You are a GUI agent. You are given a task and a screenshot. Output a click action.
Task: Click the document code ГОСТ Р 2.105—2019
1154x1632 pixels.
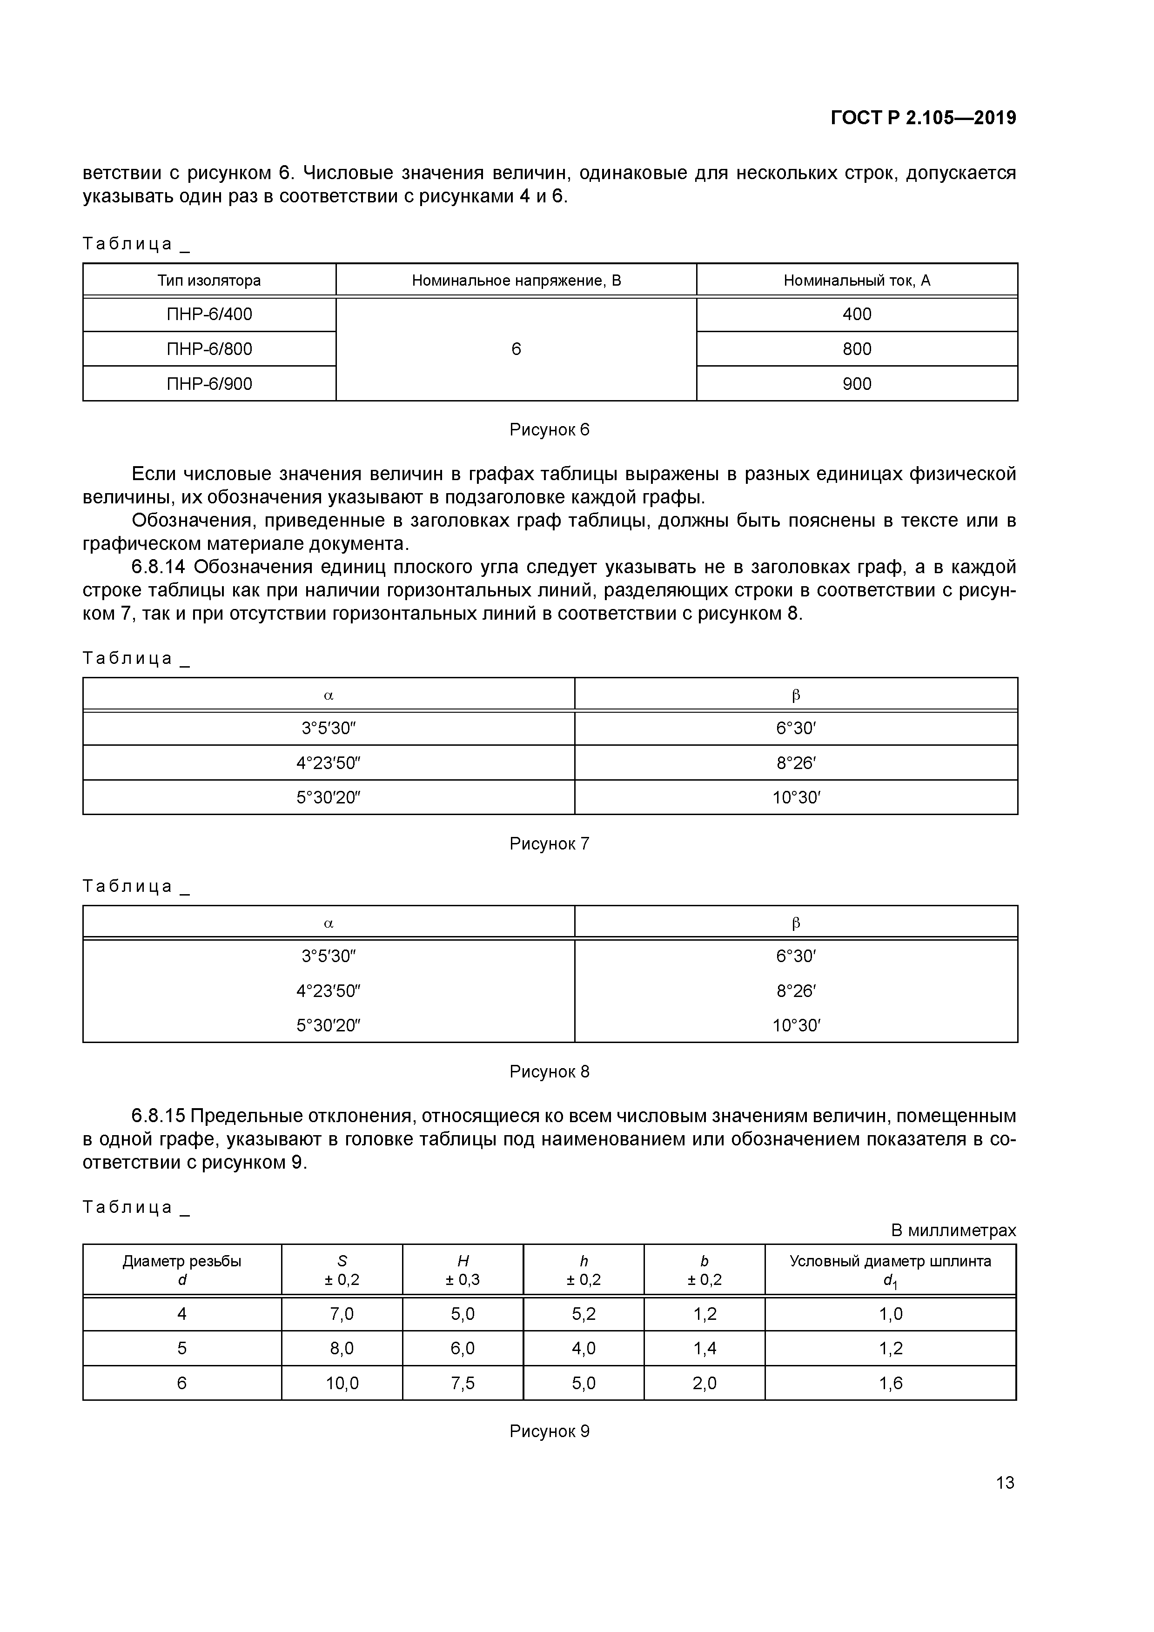[923, 118]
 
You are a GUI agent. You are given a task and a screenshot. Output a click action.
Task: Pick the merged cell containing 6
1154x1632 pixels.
[516, 349]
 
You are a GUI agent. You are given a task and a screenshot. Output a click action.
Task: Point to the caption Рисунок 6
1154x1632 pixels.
[549, 429]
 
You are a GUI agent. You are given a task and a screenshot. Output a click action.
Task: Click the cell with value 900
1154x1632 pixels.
[857, 384]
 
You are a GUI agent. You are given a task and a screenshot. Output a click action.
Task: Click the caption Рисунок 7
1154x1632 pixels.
[549, 844]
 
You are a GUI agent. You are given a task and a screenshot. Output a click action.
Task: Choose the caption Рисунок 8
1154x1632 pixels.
[549, 1071]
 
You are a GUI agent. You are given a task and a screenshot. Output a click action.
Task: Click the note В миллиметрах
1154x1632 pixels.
[953, 1230]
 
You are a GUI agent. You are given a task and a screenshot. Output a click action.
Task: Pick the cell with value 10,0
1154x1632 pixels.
[342, 1383]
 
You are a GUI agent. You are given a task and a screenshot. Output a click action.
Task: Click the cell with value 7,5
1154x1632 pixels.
[463, 1383]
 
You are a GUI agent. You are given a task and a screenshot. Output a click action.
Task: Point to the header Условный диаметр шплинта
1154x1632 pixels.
[890, 1262]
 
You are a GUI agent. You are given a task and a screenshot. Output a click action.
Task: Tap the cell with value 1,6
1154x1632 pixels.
[890, 1383]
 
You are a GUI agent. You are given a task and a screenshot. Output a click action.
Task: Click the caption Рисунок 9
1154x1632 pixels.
[549, 1431]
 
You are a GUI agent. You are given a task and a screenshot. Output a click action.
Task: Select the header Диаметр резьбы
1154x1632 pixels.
[182, 1262]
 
